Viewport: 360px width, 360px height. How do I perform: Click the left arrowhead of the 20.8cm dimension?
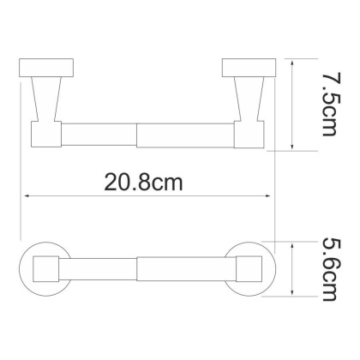[23, 196]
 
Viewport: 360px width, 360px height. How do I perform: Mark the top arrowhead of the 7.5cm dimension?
[293, 63]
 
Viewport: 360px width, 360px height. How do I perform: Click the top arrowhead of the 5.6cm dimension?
[293, 243]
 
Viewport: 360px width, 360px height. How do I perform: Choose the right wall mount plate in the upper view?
[249, 68]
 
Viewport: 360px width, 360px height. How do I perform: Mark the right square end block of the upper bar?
[249, 135]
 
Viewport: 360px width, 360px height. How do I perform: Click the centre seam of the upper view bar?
[137, 135]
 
